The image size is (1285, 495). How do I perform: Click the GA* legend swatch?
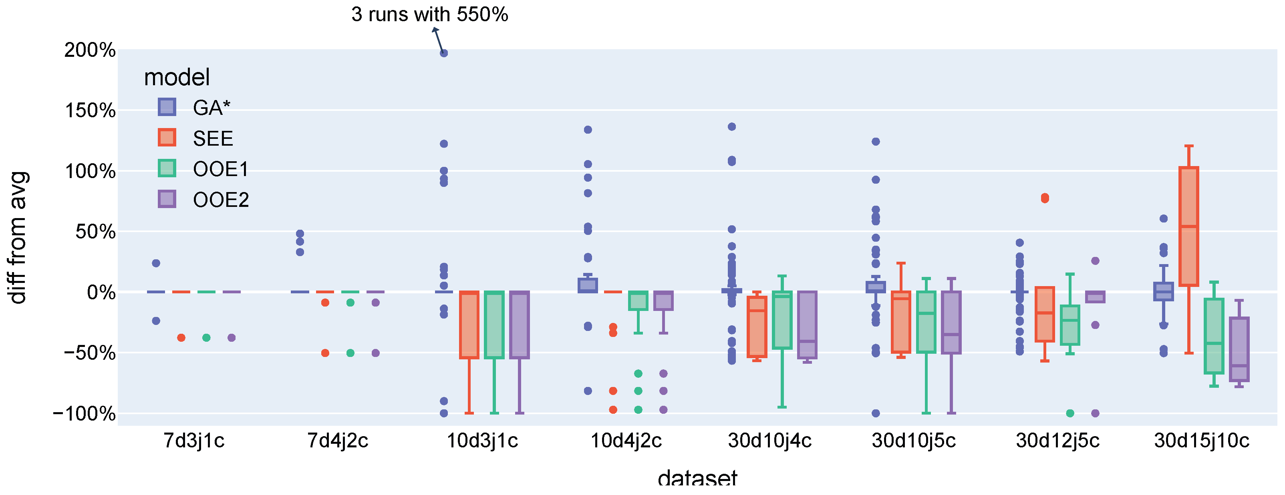pos(167,107)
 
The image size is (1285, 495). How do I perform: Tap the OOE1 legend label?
pos(220,169)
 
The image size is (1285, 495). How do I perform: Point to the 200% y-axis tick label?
pos(90,50)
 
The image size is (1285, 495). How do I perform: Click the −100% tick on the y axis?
pos(84,413)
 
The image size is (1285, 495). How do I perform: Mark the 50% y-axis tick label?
pos(95,232)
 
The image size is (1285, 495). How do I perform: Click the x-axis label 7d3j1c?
pos(193,441)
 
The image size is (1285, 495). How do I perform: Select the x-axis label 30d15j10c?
pos(1202,441)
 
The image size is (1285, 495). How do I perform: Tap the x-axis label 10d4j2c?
pos(626,441)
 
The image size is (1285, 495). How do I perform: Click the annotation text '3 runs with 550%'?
pos(429,14)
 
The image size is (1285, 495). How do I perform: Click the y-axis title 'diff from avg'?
pos(18,237)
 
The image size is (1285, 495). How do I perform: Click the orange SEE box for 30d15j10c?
pos(1189,226)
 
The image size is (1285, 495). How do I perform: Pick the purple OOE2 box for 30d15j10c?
pos(1239,349)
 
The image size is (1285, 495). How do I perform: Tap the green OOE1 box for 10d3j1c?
pos(494,325)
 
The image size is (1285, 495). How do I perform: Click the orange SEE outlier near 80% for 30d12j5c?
pos(1045,198)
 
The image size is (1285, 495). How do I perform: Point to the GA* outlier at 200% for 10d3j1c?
pos(443,53)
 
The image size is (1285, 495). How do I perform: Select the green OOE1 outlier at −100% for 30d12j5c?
pos(1069,413)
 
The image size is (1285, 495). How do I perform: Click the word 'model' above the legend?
pos(177,77)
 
